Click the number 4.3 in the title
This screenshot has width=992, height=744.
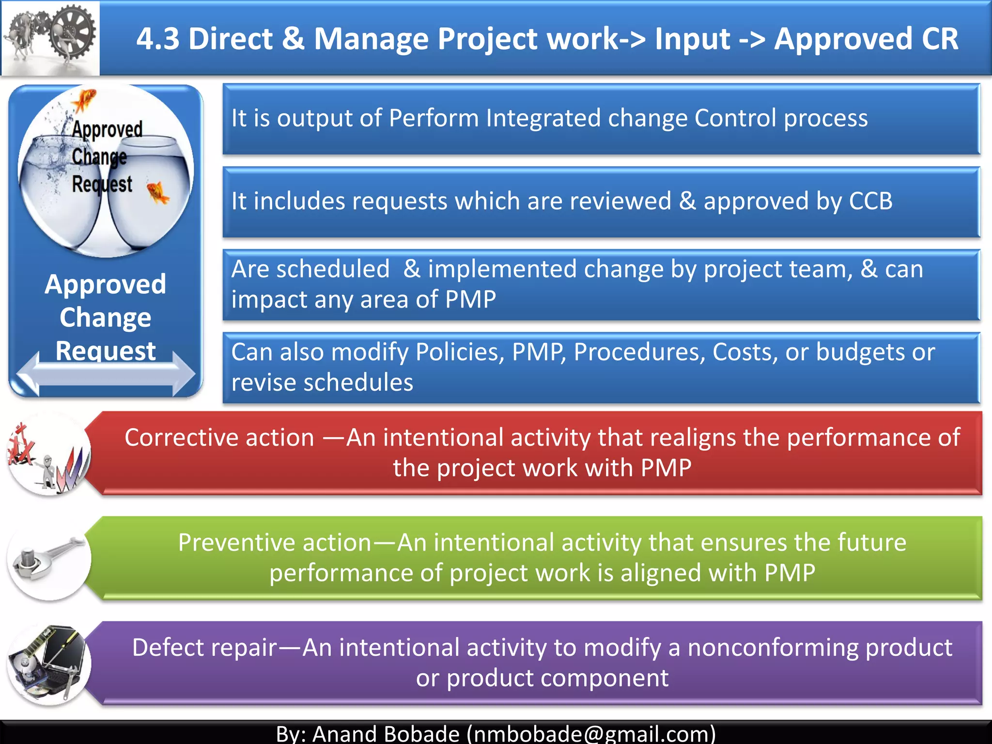[x=158, y=39]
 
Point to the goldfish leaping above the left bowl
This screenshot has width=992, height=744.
[x=83, y=100]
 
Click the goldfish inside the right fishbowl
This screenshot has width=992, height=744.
[x=158, y=192]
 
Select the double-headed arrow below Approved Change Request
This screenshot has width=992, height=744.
[x=106, y=373]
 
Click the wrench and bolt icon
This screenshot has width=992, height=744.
[x=48, y=559]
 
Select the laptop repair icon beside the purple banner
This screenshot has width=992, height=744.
[x=48, y=664]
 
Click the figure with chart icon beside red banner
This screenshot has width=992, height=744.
[x=48, y=455]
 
